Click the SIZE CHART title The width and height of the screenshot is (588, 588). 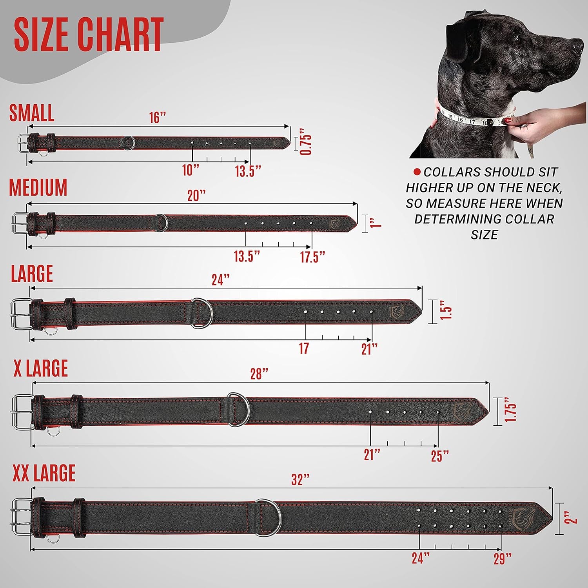[89, 34]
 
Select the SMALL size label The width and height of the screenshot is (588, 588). [32, 113]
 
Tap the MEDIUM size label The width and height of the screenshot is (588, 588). [38, 187]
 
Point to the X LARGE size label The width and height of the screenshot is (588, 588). [41, 368]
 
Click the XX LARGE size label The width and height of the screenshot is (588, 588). [44, 473]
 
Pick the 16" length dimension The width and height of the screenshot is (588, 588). [158, 118]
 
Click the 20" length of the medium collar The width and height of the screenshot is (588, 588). [196, 195]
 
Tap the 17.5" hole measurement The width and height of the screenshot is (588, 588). [313, 257]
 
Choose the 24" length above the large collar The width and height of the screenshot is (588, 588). [220, 280]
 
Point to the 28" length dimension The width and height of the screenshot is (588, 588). [259, 374]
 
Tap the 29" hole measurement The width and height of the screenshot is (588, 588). [503, 559]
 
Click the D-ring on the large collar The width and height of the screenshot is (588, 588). [202, 312]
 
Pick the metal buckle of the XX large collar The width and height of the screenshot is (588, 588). [23, 515]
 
